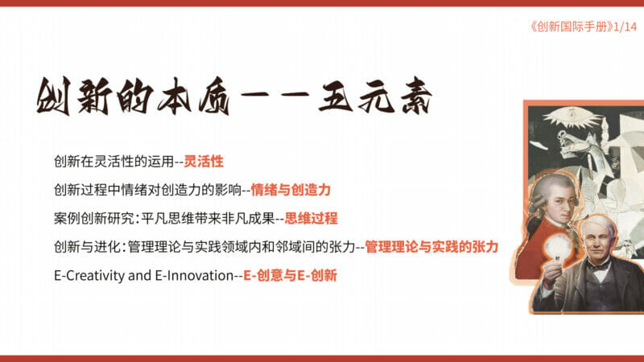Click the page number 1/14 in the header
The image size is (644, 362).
[625, 27]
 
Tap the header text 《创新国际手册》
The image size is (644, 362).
[571, 27]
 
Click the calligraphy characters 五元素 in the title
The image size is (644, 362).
[375, 96]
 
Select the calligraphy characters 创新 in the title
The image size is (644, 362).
[74, 96]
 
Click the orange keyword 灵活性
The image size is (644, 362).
[204, 162]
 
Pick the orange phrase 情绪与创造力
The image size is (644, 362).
[291, 190]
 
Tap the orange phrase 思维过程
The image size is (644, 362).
[311, 218]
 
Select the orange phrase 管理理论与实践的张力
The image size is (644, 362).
[431, 247]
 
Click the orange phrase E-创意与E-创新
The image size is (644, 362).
[290, 275]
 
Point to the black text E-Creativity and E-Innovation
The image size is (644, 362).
[144, 275]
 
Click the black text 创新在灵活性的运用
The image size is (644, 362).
[114, 162]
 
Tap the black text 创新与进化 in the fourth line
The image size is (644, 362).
[87, 247]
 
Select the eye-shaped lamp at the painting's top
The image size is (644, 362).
[572, 116]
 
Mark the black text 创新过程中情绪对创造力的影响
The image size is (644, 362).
[147, 190]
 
